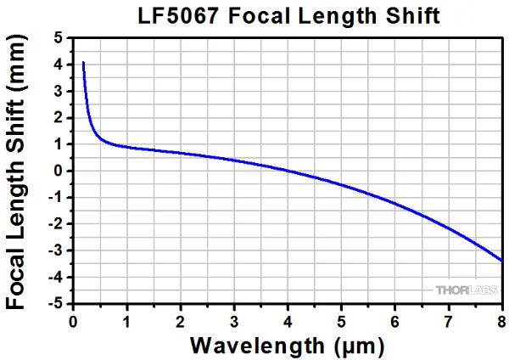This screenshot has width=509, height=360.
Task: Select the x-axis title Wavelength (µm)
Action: [288, 346]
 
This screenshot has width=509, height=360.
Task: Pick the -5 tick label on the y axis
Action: [57, 303]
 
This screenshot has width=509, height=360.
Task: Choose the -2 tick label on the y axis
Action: [57, 223]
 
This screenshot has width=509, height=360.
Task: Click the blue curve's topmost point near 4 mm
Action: [83, 62]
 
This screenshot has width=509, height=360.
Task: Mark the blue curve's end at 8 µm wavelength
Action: [501, 260]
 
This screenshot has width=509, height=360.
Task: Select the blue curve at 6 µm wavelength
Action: [394, 203]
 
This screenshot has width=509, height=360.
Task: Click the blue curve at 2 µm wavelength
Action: [180, 153]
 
